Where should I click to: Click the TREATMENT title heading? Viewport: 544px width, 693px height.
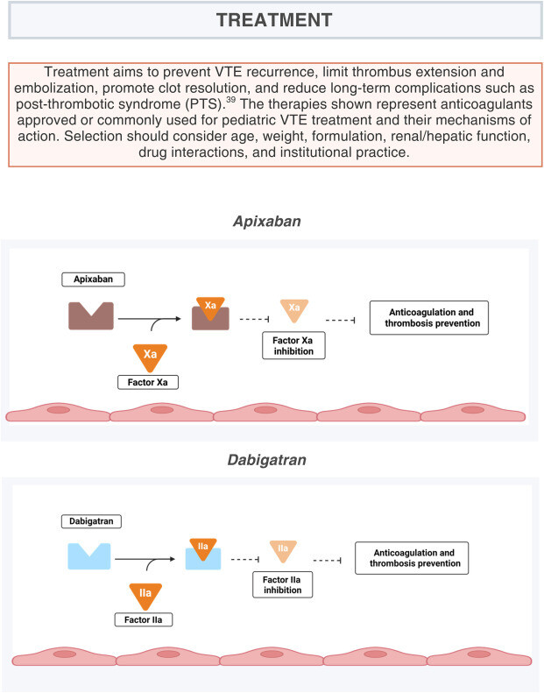pos(274,20)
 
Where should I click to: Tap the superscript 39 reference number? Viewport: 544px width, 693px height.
pos(230,100)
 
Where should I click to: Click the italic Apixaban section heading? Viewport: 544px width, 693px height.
pos(267,221)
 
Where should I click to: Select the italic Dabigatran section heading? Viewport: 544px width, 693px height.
pos(266,460)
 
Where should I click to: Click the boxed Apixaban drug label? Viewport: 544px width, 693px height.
pos(93,279)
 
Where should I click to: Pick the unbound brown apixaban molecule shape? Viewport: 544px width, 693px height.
pos(91,315)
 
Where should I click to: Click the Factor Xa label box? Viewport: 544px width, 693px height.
pos(147,382)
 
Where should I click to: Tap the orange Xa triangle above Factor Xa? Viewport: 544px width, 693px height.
pos(151,357)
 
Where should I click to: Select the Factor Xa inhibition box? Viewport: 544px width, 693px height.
pos(293,345)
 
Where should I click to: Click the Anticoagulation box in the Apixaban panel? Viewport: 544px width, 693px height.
pos(429,318)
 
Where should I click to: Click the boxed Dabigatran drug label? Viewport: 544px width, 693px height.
pos(91,521)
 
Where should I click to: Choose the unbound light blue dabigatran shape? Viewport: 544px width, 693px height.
pos(89,555)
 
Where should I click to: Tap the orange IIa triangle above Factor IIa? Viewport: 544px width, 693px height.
pos(145,597)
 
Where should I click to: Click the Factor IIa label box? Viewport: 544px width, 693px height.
pos(143,619)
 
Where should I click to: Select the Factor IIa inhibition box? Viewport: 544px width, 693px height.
pos(282,584)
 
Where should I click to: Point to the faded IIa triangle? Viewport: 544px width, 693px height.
pos(283,551)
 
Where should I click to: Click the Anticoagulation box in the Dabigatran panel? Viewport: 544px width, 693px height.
pos(412,558)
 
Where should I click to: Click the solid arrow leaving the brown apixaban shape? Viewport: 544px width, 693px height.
pos(150,319)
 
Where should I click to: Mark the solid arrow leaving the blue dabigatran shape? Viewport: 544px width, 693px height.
pos(145,559)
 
